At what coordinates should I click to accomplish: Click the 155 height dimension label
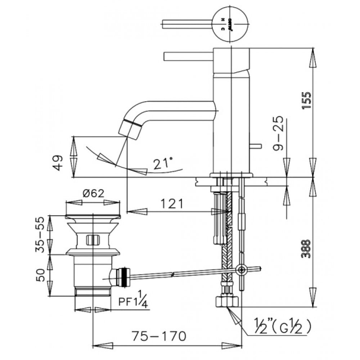pyautogui.click(x=306, y=101)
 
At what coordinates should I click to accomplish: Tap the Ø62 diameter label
pyautogui.click(x=93, y=193)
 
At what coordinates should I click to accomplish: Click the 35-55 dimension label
pyautogui.click(x=42, y=234)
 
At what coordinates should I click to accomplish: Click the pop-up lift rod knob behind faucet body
pyautogui.click(x=256, y=146)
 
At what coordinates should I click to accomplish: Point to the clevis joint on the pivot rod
pyautogui.click(x=241, y=269)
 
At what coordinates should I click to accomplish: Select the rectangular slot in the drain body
pyautogui.click(x=93, y=239)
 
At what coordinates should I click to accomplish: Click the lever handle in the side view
pyautogui.click(x=187, y=57)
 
